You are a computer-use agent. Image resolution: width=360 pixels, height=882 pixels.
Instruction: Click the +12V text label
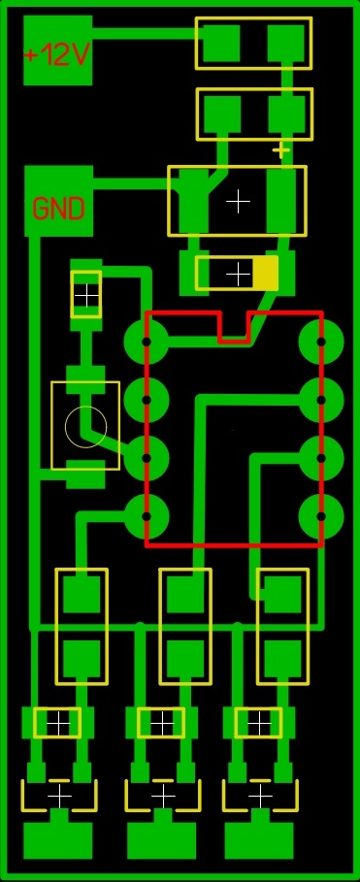[57, 55]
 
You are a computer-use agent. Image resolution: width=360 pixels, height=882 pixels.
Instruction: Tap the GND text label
[58, 209]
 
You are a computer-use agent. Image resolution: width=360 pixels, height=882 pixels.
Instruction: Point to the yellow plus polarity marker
[281, 150]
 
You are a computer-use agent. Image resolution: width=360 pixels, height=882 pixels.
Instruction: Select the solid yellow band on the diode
[266, 274]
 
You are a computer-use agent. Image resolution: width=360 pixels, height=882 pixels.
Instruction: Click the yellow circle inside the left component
[85, 425]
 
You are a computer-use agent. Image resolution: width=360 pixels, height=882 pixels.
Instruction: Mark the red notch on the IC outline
[233, 327]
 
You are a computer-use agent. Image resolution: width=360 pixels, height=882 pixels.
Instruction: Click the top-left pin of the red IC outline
[147, 342]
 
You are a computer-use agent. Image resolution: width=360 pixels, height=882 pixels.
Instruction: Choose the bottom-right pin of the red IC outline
[320, 514]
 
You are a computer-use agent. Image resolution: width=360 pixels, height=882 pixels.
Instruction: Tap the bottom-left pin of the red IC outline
[147, 514]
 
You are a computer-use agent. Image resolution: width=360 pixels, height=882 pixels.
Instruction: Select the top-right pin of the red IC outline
[320, 342]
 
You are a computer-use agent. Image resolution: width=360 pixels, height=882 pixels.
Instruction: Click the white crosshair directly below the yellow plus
[238, 201]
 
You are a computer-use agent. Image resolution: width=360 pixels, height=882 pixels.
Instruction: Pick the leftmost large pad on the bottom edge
[57, 840]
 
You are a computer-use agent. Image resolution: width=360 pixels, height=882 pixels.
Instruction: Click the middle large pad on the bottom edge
[162, 840]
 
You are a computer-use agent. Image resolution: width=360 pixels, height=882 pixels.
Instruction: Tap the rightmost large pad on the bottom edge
[259, 840]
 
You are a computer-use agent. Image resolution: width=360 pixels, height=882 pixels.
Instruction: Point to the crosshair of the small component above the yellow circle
[86, 293]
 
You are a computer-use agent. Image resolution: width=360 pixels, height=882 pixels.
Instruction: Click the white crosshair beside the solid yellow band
[238, 275]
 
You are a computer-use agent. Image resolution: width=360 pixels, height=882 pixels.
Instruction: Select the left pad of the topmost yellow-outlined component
[222, 43]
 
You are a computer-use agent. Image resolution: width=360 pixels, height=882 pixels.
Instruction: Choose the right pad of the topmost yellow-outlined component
[286, 43]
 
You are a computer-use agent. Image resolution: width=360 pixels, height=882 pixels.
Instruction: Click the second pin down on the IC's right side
[320, 399]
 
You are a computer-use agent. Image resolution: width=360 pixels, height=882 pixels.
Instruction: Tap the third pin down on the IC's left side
[147, 457]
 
